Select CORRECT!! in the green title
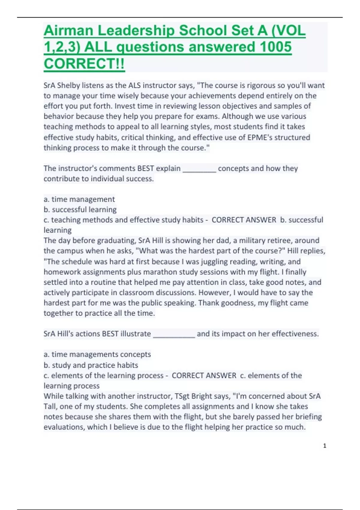[84, 64]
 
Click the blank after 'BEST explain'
[199, 169]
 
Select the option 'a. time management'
[79, 199]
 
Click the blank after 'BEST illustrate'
[174, 334]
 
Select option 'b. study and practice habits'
[91, 365]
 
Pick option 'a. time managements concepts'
[97, 354]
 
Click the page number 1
[325, 446]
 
